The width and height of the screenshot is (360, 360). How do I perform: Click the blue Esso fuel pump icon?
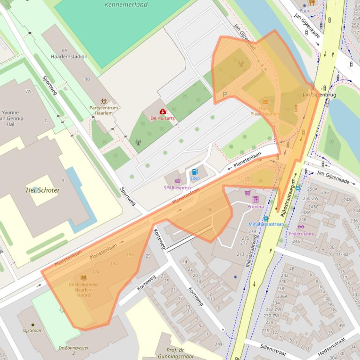click(x=195, y=172)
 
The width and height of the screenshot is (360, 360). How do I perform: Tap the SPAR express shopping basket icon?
click(x=177, y=181)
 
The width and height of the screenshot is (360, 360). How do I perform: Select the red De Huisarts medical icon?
click(x=162, y=112)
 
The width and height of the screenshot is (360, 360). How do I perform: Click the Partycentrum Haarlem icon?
click(x=103, y=101)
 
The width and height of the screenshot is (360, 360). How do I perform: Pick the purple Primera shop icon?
click(x=256, y=199)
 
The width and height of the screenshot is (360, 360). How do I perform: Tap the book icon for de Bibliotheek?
click(x=84, y=277)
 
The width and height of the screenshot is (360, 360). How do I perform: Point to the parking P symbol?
click(x=225, y=94)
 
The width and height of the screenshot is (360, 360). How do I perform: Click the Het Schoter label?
click(x=43, y=190)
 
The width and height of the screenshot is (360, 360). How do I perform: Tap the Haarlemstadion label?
click(x=69, y=57)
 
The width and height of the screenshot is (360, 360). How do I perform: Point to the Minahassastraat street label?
click(x=265, y=224)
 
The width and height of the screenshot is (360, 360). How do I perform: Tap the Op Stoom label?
click(x=33, y=330)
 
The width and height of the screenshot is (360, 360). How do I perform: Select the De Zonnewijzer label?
click(x=73, y=348)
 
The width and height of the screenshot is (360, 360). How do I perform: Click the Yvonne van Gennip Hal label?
click(x=11, y=118)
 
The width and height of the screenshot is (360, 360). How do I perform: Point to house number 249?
click(x=218, y=345)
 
